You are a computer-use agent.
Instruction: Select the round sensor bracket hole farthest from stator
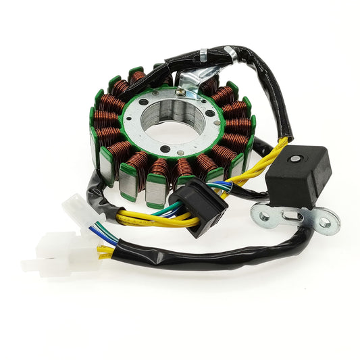point(324,222)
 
